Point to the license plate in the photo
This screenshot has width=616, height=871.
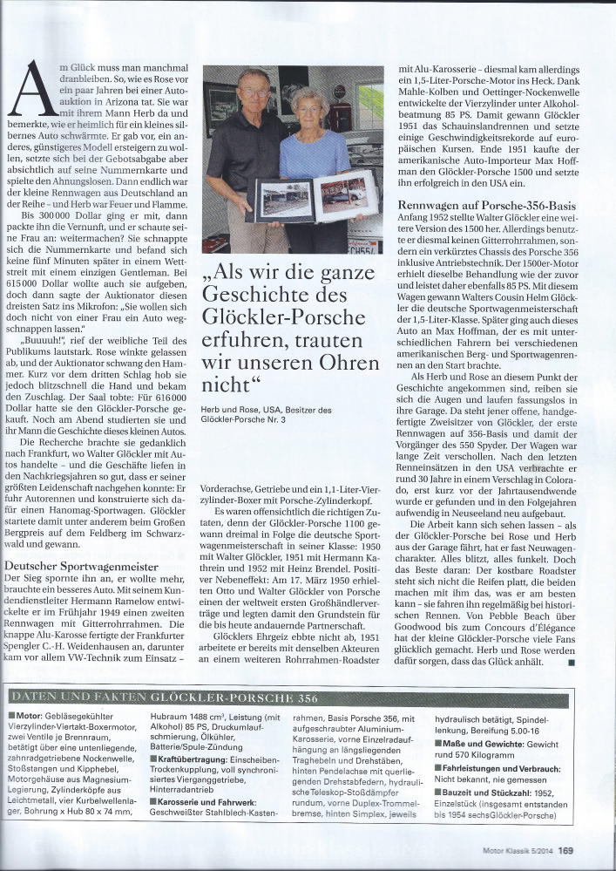click(362, 245)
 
